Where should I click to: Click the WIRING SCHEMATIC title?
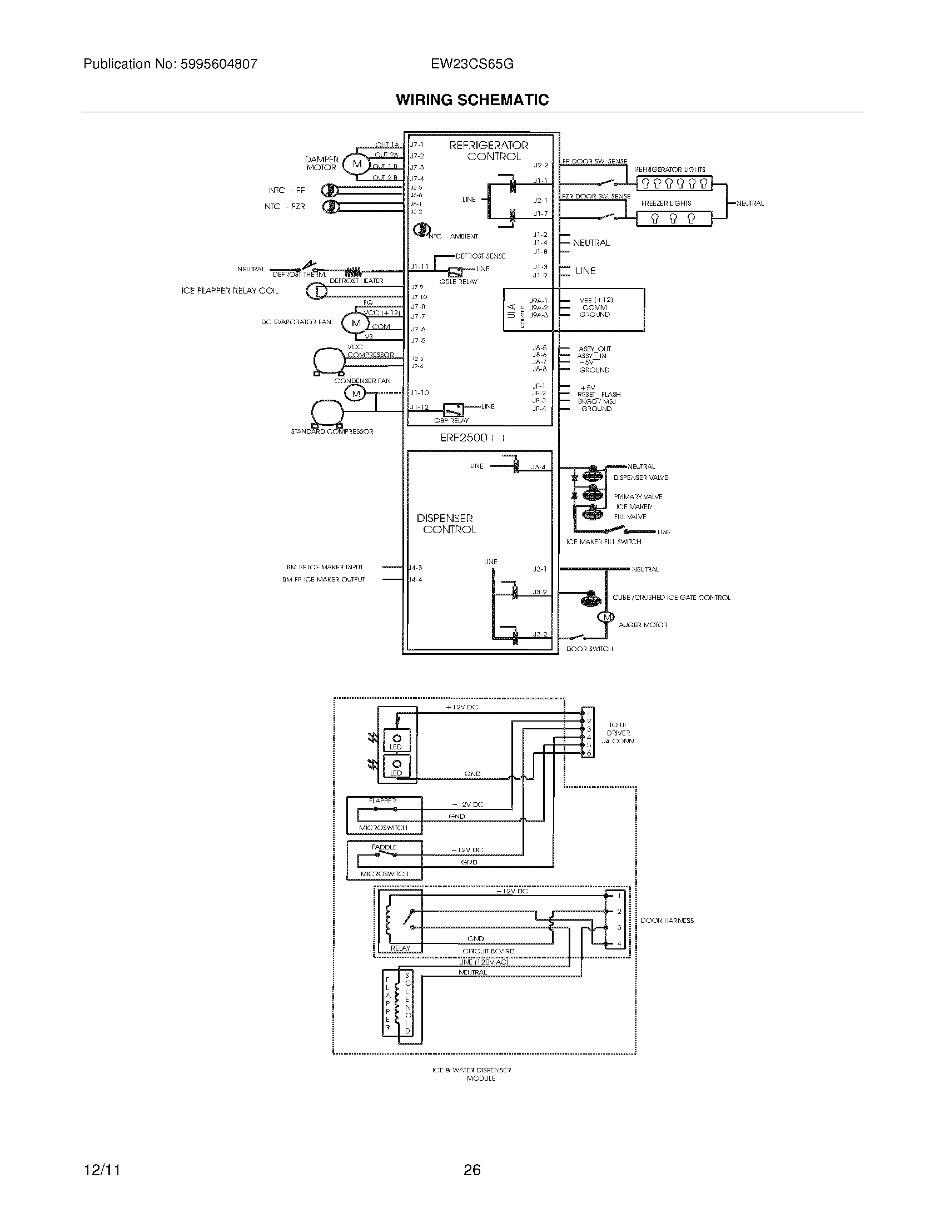[x=472, y=100]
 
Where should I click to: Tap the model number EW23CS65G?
[x=472, y=64]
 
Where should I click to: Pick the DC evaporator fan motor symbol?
[x=356, y=323]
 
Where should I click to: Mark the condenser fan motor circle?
[x=356, y=394]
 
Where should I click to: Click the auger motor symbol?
[x=605, y=618]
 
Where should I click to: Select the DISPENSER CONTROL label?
[x=447, y=524]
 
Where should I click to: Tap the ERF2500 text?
[x=464, y=438]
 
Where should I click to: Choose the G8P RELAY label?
[x=451, y=421]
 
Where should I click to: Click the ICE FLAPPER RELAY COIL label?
[x=230, y=291]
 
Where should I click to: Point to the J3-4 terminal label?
[x=539, y=467]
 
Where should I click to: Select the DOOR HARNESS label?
[x=667, y=921]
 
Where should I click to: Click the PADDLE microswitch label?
[x=384, y=848]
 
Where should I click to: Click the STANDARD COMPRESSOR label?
[x=331, y=432]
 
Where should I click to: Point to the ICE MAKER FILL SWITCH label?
[x=604, y=542]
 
